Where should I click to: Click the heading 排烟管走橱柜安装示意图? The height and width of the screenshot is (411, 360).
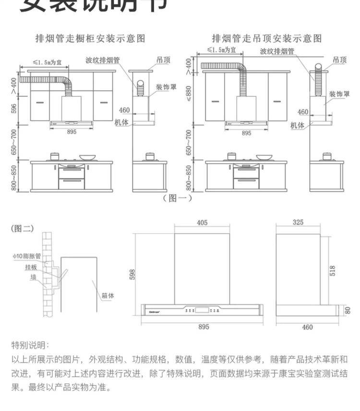[x=91, y=38]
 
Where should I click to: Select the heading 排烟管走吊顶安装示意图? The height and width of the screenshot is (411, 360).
[x=267, y=38]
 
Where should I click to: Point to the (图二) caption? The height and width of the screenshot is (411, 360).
[x=22, y=228]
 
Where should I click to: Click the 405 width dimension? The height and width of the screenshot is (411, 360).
[x=202, y=223]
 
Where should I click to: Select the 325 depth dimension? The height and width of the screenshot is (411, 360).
[x=298, y=223]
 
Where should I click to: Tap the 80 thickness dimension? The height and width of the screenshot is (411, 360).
[x=348, y=310]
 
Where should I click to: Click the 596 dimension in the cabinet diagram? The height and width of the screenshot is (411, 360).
[x=14, y=109]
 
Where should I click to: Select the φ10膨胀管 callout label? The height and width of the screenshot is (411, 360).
[x=27, y=256]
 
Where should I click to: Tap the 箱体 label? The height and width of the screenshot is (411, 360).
[x=108, y=296]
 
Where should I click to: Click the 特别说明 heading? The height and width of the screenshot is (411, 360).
[x=30, y=345]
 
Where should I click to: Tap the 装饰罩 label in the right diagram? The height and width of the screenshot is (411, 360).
[x=339, y=94]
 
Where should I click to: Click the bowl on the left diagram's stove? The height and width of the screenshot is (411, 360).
[x=87, y=157]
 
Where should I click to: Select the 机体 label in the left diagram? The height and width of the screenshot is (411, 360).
[x=121, y=122]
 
